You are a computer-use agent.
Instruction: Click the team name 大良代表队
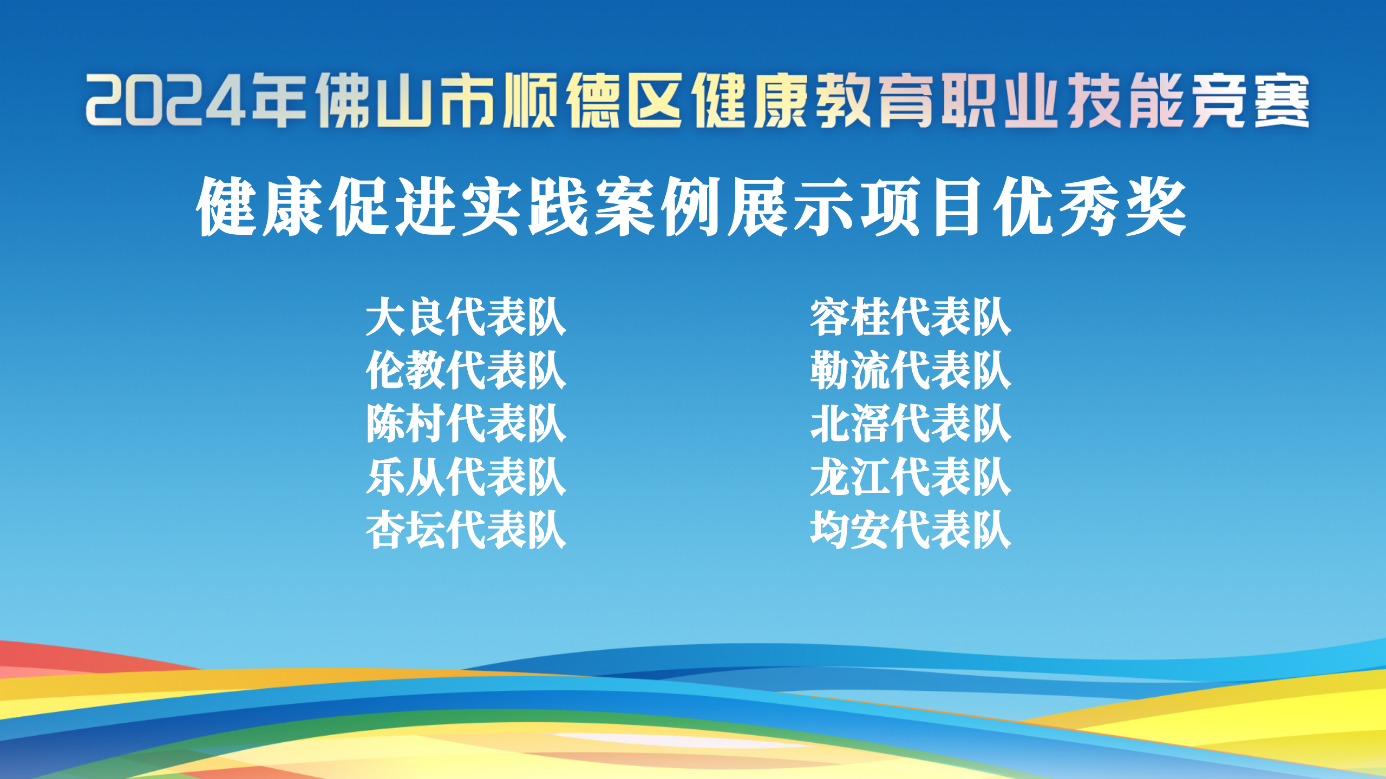(466, 316)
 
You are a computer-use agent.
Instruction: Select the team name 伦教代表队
(466, 370)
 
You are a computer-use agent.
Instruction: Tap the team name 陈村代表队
(466, 423)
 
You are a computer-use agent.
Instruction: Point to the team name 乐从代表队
(466, 477)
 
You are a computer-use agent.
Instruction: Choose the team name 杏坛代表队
(466, 530)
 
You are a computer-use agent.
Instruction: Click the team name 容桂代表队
(911, 316)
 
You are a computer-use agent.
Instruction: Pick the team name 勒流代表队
(911, 370)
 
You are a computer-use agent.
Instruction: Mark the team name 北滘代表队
(911, 423)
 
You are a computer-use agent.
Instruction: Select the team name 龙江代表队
(911, 477)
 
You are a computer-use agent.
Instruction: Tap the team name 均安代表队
(911, 530)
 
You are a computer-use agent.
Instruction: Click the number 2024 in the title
(166, 101)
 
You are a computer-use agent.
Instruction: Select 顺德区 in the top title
(593, 101)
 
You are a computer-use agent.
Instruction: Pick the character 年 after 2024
(279, 101)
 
